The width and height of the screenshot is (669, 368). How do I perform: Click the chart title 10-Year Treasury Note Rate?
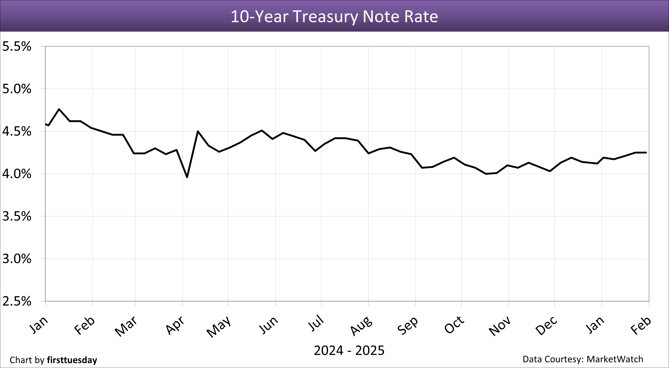pyautogui.click(x=334, y=16)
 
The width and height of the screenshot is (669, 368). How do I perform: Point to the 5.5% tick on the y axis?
pyautogui.click(x=17, y=47)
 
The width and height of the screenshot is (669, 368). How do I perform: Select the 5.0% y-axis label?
pyautogui.click(x=17, y=89)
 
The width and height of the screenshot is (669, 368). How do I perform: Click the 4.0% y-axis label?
pyautogui.click(x=17, y=174)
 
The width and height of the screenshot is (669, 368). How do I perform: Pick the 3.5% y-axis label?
pyautogui.click(x=17, y=216)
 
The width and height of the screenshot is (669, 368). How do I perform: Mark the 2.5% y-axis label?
pyautogui.click(x=17, y=301)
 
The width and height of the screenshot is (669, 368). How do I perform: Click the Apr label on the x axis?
pyautogui.click(x=176, y=325)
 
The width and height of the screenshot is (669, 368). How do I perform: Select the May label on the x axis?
pyautogui.click(x=219, y=326)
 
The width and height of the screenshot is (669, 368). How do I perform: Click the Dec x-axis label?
pyautogui.click(x=546, y=326)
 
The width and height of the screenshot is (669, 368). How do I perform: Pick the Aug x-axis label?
pyautogui.click(x=361, y=326)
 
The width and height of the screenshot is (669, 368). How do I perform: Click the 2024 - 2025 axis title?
pyautogui.click(x=349, y=351)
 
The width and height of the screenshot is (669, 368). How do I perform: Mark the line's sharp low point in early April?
pyautogui.click(x=187, y=177)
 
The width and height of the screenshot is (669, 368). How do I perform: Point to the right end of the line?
pyautogui.click(x=646, y=153)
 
